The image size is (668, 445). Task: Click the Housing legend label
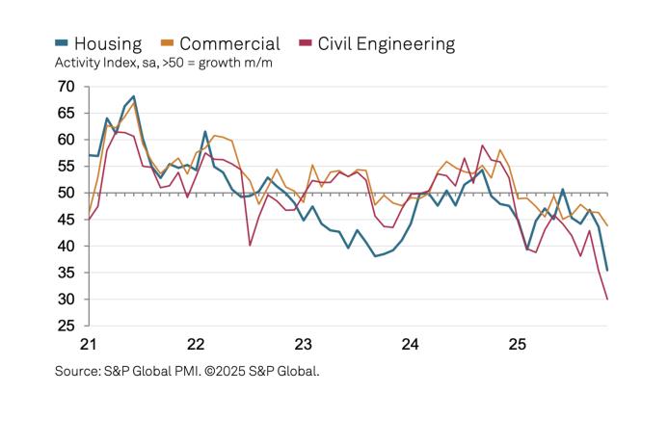click(x=107, y=43)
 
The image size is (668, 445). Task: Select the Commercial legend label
click(x=229, y=43)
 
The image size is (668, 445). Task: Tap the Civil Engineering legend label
click(x=386, y=43)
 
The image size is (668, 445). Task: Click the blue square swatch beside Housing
click(x=62, y=43)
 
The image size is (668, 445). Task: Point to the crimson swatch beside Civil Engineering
click(x=306, y=43)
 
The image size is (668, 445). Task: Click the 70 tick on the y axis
click(x=66, y=87)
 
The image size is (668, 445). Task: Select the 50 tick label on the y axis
click(x=66, y=193)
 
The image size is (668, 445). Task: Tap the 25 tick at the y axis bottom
click(x=66, y=326)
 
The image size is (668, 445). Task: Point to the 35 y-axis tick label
click(x=66, y=273)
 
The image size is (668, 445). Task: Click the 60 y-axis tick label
click(x=66, y=140)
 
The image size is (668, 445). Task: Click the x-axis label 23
click(x=303, y=344)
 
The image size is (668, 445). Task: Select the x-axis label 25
click(x=517, y=344)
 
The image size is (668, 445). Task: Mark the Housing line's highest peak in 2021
click(x=133, y=96)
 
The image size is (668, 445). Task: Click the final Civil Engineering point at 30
click(x=607, y=299)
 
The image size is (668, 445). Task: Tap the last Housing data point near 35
click(x=607, y=270)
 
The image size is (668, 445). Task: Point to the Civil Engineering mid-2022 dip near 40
click(x=250, y=245)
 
